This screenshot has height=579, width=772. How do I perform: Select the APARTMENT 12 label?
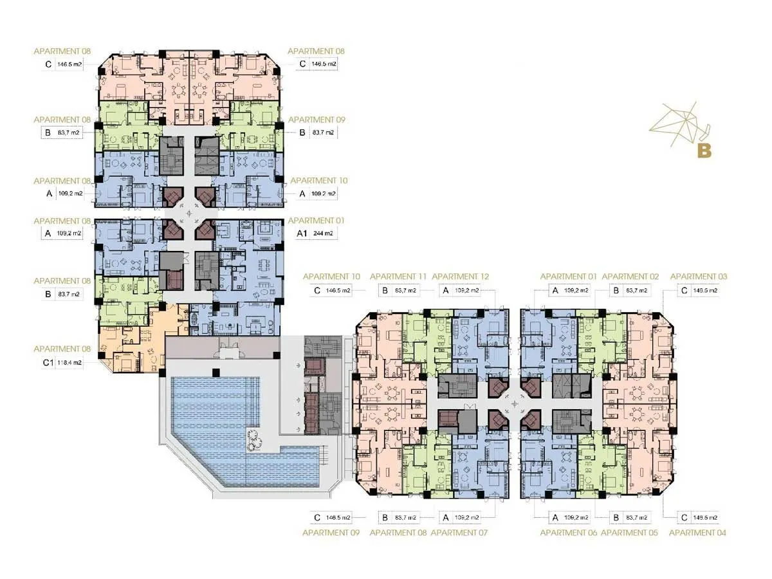tap(461, 277)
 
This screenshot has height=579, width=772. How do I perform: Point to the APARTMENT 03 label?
tap(699, 277)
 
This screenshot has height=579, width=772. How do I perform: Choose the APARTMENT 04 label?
tap(698, 533)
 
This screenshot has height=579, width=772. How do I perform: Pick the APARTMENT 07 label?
tap(459, 533)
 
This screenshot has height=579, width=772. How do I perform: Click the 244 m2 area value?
tap(323, 234)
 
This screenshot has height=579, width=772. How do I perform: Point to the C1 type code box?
tap(47, 363)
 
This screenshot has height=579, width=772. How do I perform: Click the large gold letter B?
tap(704, 151)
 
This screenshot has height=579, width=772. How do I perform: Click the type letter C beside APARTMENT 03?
tap(685, 291)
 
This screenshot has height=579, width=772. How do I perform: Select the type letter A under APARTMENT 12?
tap(445, 291)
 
